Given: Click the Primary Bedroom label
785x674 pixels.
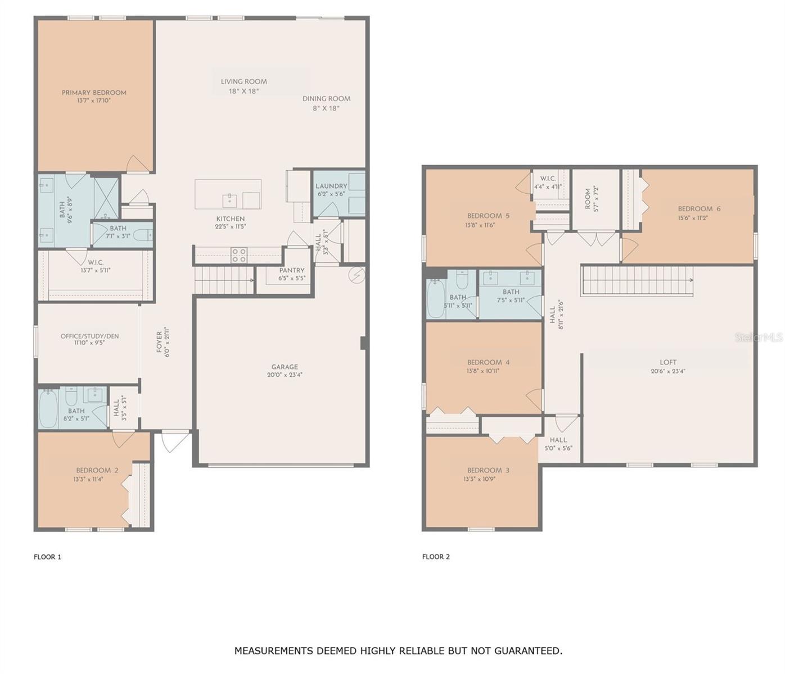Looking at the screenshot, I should point(94,93).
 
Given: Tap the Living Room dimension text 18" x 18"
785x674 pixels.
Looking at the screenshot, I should point(243,91).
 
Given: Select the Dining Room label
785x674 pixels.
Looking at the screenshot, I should point(326,99).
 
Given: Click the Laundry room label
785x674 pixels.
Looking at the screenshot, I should point(331,186).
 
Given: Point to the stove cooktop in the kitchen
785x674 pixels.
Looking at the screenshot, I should point(239,256).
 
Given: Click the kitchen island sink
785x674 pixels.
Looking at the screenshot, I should point(230,199).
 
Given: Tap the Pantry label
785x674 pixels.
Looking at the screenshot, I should point(292,270).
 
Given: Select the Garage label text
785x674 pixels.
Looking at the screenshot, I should point(285,367).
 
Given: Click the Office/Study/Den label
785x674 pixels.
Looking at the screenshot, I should point(89,336).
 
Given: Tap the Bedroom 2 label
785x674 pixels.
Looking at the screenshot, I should point(97,470).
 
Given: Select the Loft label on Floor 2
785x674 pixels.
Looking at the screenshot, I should point(668,362).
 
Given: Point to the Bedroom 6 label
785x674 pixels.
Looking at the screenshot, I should point(699,209).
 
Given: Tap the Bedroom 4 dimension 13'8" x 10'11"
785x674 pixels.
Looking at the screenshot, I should point(483,371).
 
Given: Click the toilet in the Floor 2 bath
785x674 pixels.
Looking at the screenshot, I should point(462,279).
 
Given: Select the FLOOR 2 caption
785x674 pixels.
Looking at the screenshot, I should point(436,557).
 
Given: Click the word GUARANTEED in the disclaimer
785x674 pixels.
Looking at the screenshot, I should point(528,651).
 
